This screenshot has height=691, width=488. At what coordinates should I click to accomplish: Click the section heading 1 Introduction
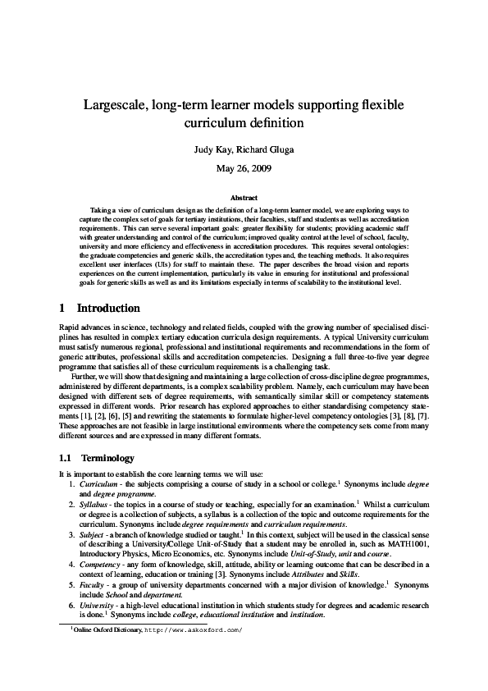[100, 309]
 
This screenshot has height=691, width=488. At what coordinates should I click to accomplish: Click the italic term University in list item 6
[97, 603]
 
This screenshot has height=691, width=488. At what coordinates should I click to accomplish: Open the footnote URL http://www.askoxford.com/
[194, 631]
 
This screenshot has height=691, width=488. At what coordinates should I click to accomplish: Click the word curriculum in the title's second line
[217, 124]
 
